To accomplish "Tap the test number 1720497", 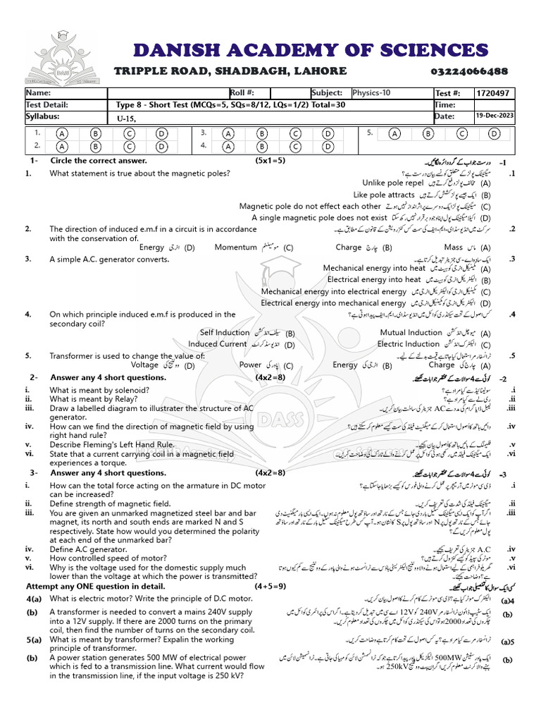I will (497, 93).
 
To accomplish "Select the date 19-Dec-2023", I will (495, 116).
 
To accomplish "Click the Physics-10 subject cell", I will (375, 93).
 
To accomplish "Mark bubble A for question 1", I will (63, 133).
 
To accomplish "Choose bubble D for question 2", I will (161, 147).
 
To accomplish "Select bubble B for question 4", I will (262, 147).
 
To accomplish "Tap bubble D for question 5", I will (495, 133).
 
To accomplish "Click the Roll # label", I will (242, 93).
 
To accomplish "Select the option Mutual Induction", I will (411, 332).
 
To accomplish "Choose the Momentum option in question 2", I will (235, 247).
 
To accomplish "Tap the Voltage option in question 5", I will (145, 365).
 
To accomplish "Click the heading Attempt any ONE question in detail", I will (95, 586).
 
